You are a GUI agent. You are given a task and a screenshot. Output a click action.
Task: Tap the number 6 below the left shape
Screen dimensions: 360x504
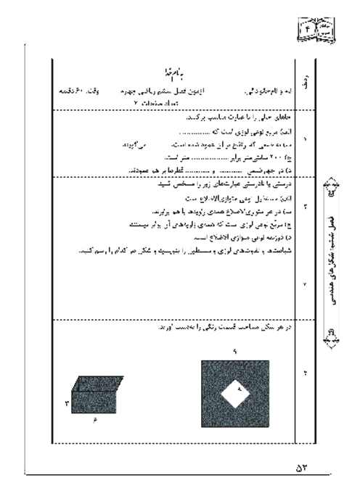point(95,422)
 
